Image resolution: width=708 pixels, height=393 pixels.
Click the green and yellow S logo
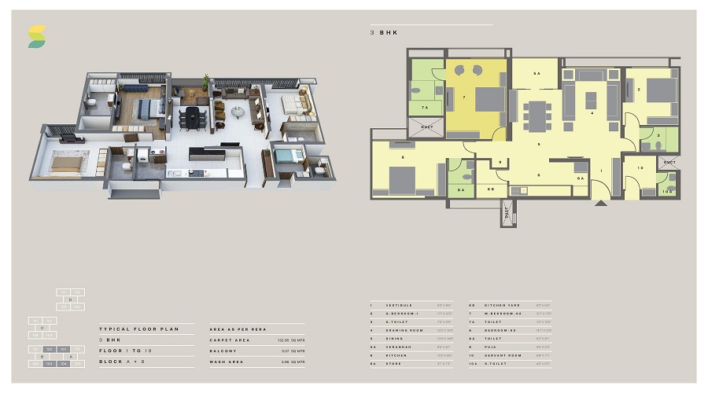(x=37, y=36)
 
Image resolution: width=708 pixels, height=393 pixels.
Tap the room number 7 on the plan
(x=464, y=98)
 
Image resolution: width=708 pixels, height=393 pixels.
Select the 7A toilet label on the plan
(x=425, y=108)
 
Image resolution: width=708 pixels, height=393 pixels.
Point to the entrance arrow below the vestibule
(x=602, y=203)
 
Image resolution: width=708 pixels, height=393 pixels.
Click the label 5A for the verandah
(x=536, y=73)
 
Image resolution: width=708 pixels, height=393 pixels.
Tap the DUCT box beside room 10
(x=669, y=163)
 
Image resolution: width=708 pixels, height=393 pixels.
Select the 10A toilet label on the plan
(x=669, y=190)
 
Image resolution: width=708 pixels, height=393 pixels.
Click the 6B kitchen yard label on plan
(x=491, y=189)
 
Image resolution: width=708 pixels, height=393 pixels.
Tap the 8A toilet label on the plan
(x=461, y=189)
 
